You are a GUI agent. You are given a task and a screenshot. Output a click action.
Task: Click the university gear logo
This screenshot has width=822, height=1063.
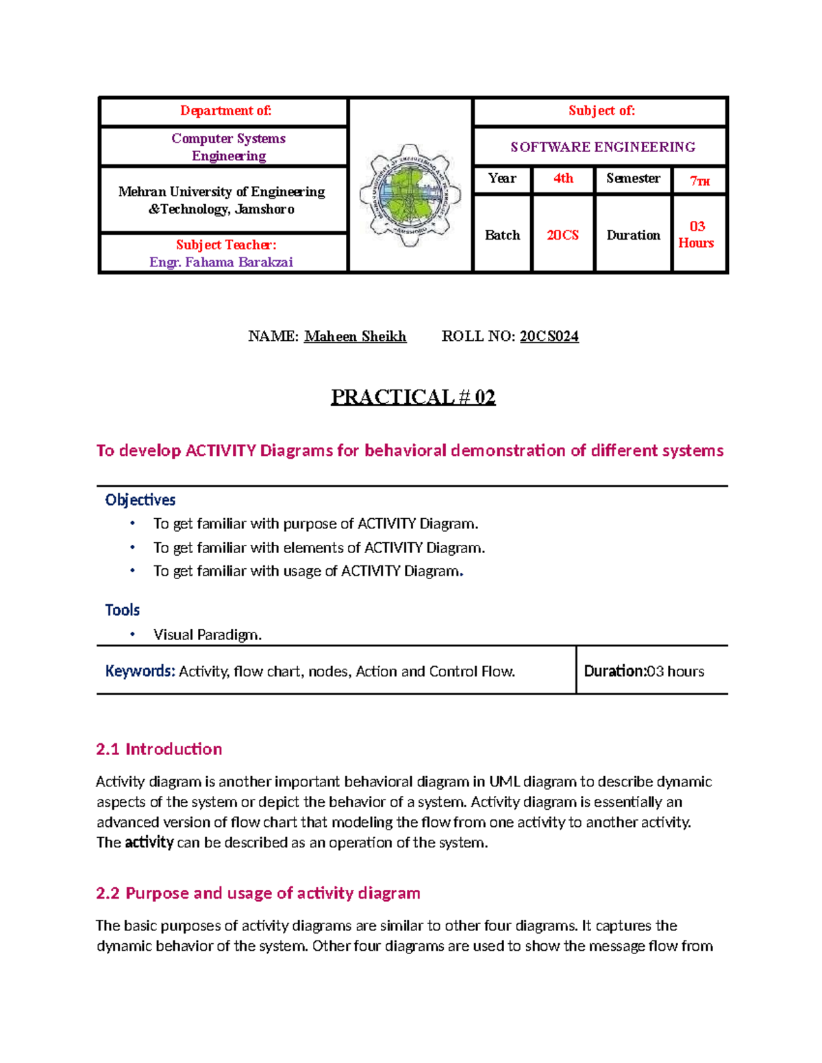410,195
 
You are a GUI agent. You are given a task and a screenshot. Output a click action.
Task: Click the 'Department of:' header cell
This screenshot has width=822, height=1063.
225,111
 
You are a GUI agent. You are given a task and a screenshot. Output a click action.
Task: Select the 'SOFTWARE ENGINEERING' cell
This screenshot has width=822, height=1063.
602,147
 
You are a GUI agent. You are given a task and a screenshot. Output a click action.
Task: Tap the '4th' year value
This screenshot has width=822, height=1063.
563,179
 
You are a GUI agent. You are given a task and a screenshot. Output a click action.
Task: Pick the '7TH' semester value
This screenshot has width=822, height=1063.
699,181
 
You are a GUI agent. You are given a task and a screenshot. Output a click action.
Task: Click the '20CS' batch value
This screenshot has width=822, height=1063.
562,235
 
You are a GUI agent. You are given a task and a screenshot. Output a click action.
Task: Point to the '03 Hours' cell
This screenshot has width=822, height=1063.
697,234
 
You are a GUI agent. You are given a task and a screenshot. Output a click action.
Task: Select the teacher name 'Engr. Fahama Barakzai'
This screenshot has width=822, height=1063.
221,262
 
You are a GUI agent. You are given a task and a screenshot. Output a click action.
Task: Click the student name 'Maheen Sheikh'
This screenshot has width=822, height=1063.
355,336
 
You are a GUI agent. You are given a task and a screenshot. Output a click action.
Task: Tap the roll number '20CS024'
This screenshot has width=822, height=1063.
549,336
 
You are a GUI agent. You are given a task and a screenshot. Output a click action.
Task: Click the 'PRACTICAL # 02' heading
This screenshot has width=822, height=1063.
413,397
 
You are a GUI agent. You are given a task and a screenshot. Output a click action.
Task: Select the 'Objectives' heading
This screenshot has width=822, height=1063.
140,500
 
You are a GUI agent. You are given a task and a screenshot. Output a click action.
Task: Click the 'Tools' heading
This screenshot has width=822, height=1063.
122,610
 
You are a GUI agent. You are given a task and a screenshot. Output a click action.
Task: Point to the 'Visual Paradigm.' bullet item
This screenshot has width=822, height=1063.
207,635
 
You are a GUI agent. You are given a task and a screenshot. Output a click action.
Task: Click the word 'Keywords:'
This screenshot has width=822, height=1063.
140,671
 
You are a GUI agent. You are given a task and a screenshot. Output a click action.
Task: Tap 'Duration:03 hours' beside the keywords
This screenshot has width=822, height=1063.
643,671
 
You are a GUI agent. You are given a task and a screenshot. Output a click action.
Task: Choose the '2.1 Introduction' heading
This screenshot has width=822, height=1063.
159,749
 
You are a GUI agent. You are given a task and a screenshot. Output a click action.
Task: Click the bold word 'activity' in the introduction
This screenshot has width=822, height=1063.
149,842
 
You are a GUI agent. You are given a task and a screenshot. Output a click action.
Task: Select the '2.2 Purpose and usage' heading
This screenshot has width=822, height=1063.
258,893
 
